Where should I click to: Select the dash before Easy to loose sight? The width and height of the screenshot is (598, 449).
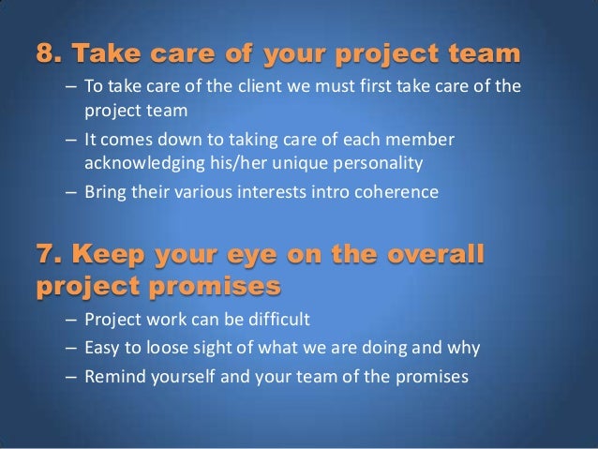click(71, 348)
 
